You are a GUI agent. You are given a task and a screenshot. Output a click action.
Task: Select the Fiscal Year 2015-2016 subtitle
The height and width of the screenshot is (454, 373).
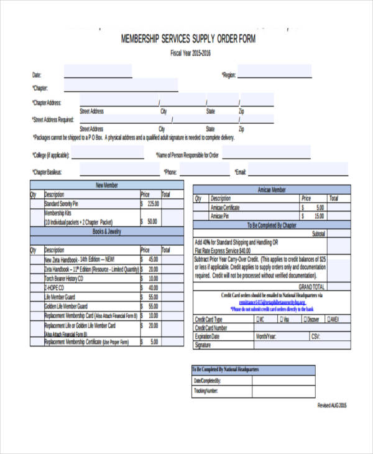point(191,53)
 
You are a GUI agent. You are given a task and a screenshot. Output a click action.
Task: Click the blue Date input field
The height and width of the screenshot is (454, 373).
point(98,72)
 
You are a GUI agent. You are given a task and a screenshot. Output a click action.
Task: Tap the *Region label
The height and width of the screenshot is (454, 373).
point(228,75)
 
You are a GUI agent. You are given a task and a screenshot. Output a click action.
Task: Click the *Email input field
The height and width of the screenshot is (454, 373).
point(299,169)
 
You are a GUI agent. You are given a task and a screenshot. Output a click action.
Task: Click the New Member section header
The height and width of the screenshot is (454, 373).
point(107,185)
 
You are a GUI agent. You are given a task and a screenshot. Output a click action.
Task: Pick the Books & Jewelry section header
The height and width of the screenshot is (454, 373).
point(107,231)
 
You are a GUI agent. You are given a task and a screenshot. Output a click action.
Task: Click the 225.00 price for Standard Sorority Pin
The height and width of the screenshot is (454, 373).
point(152,203)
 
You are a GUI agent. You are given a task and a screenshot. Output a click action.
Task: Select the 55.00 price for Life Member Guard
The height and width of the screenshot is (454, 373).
point(152,298)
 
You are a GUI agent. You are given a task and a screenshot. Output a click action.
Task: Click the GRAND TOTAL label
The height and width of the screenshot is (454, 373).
point(311,287)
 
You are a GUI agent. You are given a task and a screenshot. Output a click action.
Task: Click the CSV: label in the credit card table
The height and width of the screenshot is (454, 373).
point(315,336)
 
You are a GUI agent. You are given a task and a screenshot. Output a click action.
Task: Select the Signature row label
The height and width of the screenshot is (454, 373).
point(203,345)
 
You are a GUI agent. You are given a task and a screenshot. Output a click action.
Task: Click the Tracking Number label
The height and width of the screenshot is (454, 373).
point(205,391)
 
